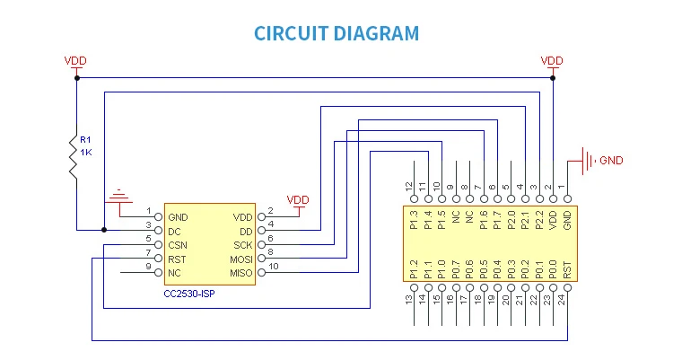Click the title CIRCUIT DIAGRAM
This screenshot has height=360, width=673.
[x=336, y=34]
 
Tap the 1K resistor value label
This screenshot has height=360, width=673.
[x=86, y=153]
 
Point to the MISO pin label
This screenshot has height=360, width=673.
[x=241, y=272]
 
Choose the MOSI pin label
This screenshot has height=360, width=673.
[x=241, y=259]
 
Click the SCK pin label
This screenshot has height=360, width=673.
[x=243, y=244]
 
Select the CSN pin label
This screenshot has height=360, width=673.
[x=179, y=244]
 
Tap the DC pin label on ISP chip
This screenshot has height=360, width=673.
[x=175, y=231]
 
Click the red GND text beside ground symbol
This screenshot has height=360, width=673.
[x=610, y=161]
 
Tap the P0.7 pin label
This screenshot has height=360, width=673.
[x=455, y=267]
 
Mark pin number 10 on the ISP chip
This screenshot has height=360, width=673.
[x=274, y=267]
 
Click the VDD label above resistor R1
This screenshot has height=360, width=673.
[x=76, y=61]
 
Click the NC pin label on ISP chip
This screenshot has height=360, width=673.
[x=174, y=272]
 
